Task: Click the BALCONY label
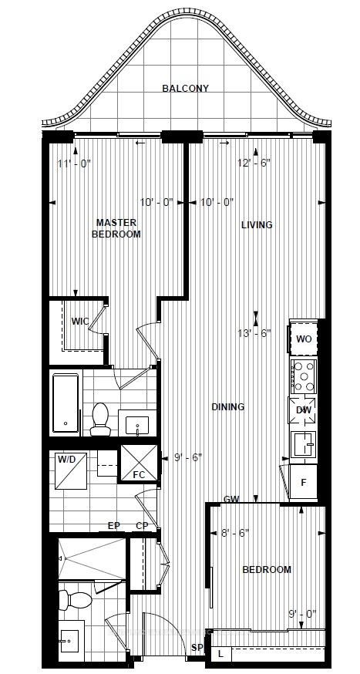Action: coord(185,88)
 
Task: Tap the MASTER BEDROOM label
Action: coord(116,228)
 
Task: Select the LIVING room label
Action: coord(257,225)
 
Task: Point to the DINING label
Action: coord(227,406)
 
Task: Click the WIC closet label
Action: coord(80,321)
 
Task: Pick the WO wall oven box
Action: coord(304,338)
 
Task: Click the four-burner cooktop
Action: coord(304,376)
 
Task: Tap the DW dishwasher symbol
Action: coord(303,410)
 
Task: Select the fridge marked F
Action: coord(303,482)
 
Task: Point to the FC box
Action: coord(139,463)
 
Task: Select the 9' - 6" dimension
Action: coord(189,459)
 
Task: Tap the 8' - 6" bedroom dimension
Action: coord(234,533)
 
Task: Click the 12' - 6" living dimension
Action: coord(254,163)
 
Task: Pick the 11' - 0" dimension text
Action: coord(74,163)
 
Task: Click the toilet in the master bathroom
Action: coord(99,419)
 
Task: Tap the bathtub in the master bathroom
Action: coord(66,403)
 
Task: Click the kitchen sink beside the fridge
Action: coord(303,443)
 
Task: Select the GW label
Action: coord(231,499)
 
